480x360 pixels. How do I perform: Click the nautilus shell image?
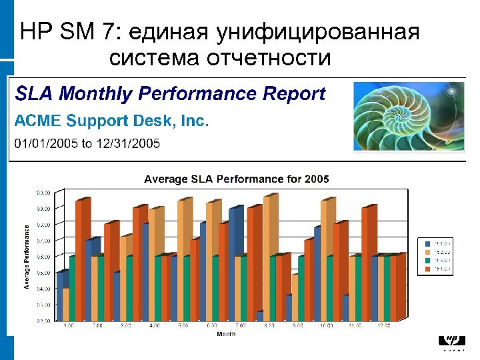point(409,118)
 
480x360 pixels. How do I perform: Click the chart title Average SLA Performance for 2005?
point(237,179)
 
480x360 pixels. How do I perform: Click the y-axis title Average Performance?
point(27,256)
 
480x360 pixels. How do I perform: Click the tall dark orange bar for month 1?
point(80,260)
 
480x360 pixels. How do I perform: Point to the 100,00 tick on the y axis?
point(43,192)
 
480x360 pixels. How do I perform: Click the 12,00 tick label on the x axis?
point(384,326)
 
